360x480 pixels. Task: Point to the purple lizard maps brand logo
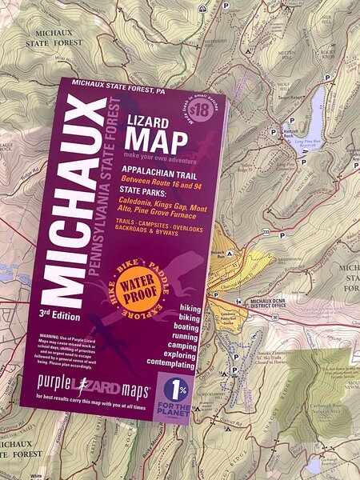coord(82,393)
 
